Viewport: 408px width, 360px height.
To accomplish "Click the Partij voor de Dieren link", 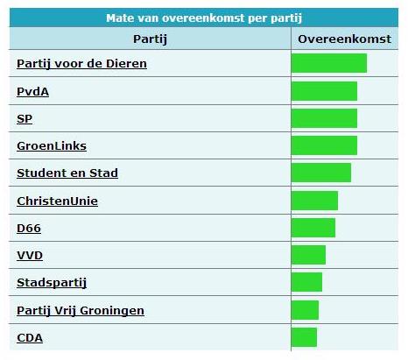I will (81, 63).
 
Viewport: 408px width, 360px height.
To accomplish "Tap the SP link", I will (25, 118).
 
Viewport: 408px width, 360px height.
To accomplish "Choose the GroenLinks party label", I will (52, 145).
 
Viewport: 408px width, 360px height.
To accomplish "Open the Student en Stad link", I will (67, 173).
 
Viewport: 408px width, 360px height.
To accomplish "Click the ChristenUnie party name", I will (57, 201).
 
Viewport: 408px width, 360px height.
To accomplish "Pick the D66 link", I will (29, 228).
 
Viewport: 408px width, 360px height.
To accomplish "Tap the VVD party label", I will (30, 255).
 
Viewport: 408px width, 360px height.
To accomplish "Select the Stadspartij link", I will (52, 282).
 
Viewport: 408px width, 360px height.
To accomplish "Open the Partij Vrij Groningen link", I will (81, 310).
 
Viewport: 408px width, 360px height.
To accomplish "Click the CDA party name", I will (30, 337).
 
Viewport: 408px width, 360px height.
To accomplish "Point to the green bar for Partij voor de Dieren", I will (328, 63).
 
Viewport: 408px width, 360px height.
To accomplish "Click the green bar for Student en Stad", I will (320, 173).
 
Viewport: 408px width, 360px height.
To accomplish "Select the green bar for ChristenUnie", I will (314, 201).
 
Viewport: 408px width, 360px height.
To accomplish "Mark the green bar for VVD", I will (308, 255).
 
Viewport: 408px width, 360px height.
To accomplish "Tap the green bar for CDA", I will (304, 337).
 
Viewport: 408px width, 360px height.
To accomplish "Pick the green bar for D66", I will (313, 228).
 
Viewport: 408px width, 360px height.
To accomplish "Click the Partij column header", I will (150, 39).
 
